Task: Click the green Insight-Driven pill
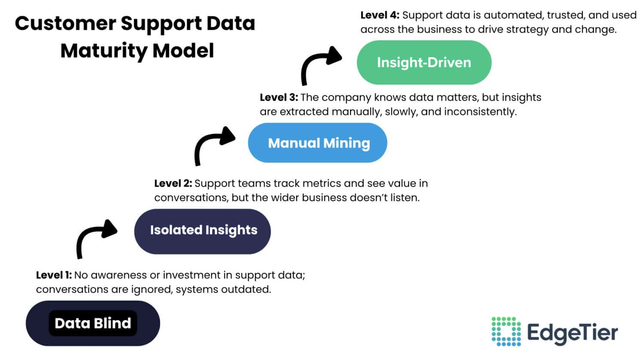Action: pos(424,62)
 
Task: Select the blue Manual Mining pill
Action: pos(317,143)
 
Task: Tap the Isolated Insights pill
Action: pos(203,231)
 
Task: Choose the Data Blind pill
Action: pos(93,323)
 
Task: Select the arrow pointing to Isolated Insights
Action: pos(95,236)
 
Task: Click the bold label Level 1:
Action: pos(54,275)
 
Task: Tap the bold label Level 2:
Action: pos(173,184)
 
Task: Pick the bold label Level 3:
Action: pos(278,98)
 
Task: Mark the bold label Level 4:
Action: pos(379,15)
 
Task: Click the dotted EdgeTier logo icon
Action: pos(506,331)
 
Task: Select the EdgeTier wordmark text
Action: pos(572,332)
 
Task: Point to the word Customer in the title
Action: pos(65,23)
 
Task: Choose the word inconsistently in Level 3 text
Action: pos(480,112)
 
